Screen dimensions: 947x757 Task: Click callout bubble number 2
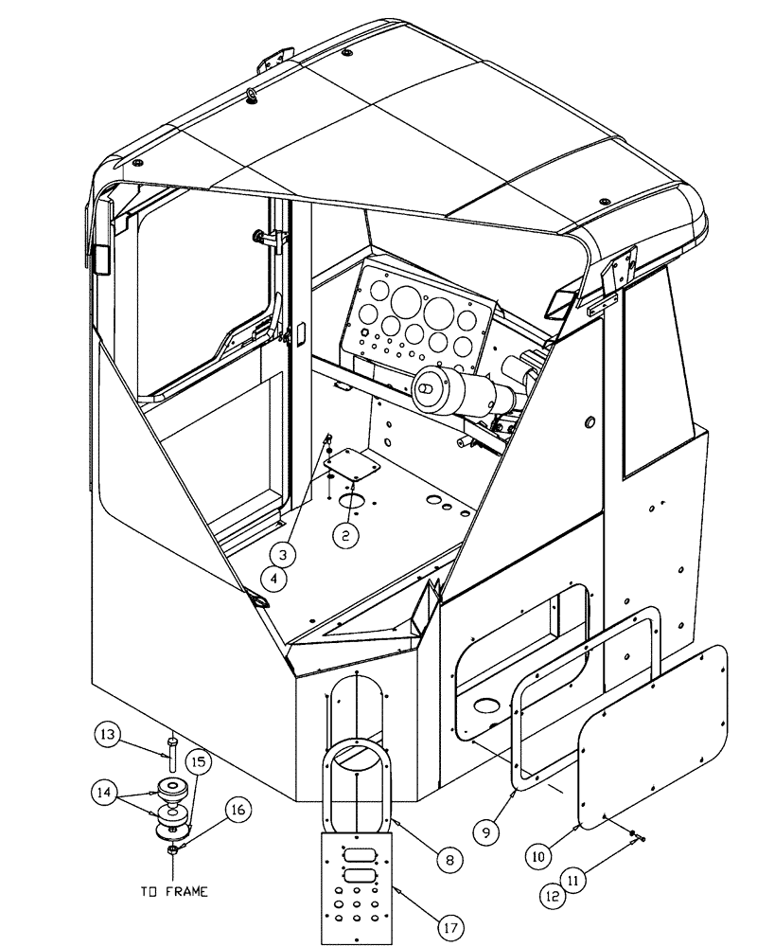[x=345, y=535]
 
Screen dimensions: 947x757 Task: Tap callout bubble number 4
[x=276, y=577]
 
